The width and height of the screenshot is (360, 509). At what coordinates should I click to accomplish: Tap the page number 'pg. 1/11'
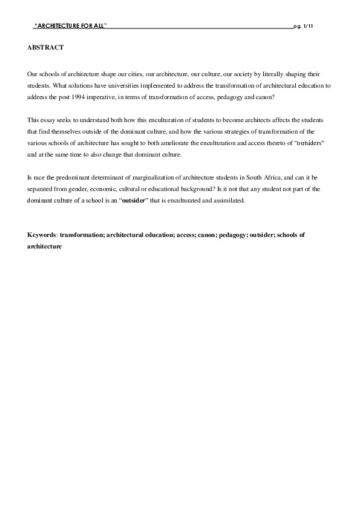tap(303, 27)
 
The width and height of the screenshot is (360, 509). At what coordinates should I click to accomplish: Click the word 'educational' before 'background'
tap(166, 189)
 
